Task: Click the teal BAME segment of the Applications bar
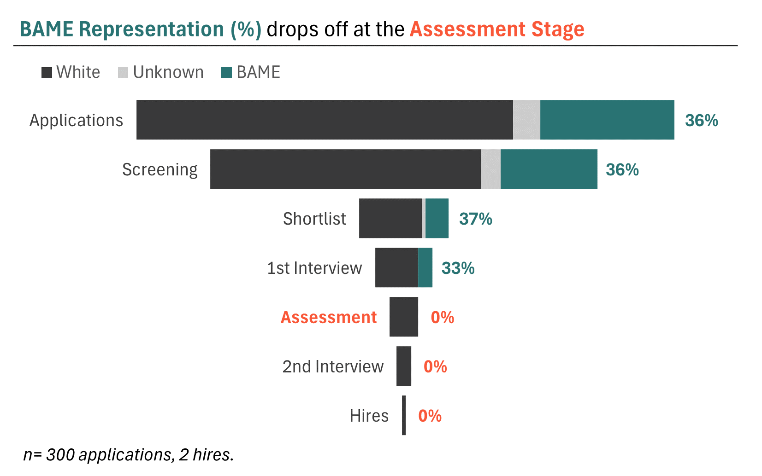point(607,120)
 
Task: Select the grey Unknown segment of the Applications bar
point(526,120)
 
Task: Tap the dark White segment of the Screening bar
point(345,169)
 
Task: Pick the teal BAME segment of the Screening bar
point(549,169)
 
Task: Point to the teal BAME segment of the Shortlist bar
point(437,218)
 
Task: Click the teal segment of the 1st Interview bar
point(425,267)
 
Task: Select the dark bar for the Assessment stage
point(404,317)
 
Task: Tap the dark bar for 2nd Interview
point(404,366)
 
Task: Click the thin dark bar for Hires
point(404,415)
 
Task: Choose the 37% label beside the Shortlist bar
point(475,219)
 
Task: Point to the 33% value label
point(458,268)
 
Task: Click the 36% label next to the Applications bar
point(701,120)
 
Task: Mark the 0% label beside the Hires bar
point(430,416)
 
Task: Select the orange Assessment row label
point(329,317)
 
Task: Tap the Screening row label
point(159,169)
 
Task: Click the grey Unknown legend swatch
point(123,73)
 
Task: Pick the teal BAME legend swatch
point(226,73)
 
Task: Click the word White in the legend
point(78,72)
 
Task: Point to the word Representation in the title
point(151,29)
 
